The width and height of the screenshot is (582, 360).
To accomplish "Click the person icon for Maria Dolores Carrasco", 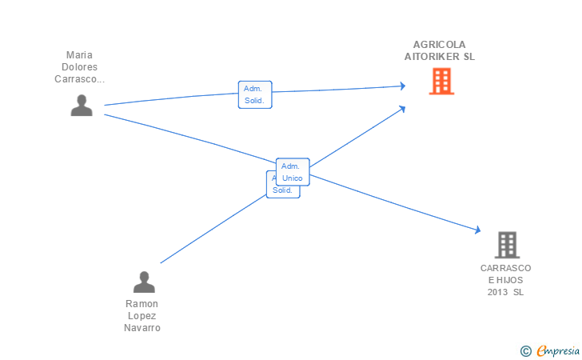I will (x=82, y=106).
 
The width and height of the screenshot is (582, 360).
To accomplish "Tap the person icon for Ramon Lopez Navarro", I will (x=144, y=282).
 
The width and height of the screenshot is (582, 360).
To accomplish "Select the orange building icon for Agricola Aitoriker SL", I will (x=440, y=81).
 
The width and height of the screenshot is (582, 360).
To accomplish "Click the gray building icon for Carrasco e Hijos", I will (x=507, y=245).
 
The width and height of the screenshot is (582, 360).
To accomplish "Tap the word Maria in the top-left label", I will (x=80, y=55).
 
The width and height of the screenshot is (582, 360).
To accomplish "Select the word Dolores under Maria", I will (x=80, y=67).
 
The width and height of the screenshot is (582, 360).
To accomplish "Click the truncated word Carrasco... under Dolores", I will (x=80, y=79).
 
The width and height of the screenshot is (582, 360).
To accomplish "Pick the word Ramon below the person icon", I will (x=142, y=304).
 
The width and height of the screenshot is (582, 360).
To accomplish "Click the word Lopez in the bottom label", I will (x=142, y=316).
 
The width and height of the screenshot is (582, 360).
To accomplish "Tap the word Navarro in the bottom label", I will (x=142, y=328).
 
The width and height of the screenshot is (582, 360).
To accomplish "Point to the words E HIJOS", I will (x=506, y=280).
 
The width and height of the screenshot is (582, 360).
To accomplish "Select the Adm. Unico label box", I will (x=292, y=171).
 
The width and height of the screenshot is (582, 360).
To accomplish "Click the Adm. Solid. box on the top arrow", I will (x=255, y=94).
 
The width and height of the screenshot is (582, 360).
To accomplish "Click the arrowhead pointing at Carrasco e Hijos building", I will (x=477, y=230).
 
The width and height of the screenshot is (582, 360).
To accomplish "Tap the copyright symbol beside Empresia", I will (x=525, y=350).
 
